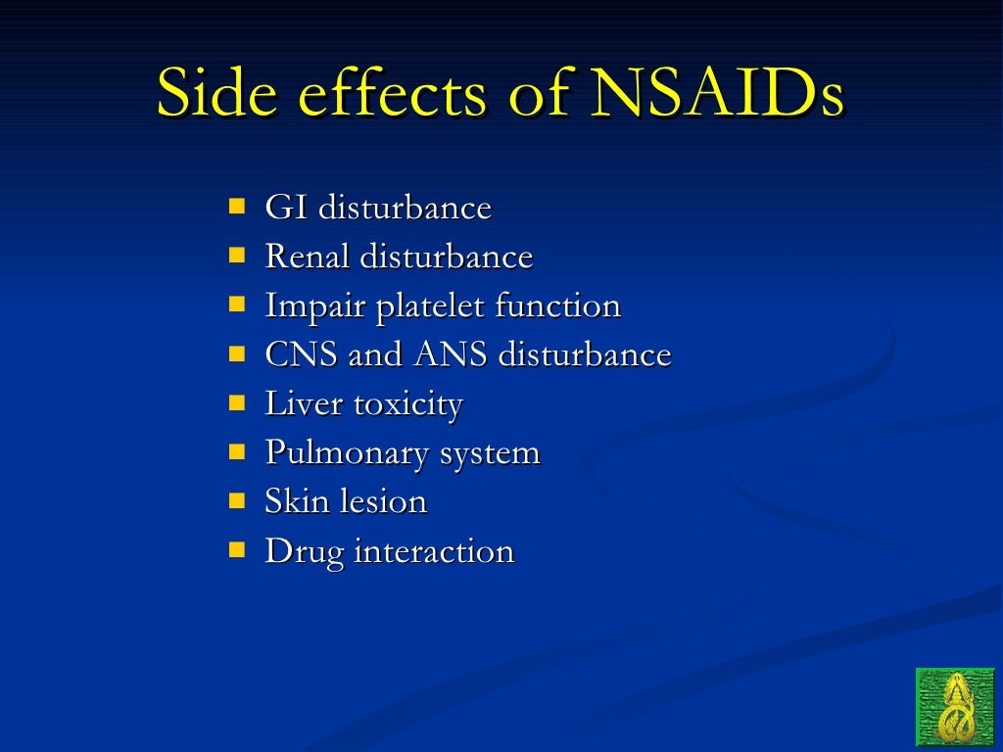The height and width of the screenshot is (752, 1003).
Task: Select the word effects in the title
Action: [391, 94]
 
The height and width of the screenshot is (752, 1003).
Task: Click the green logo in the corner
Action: [955, 707]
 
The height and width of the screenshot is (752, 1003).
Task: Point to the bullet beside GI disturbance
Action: [237, 207]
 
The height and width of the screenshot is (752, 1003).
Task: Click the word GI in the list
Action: [285, 208]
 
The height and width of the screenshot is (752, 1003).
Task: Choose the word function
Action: [557, 305]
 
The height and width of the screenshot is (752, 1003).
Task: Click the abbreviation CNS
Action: [302, 354]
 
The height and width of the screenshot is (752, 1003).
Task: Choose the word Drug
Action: [304, 552]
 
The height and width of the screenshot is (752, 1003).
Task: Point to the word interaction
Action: [434, 551]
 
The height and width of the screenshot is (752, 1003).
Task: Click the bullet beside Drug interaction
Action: [237, 549]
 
